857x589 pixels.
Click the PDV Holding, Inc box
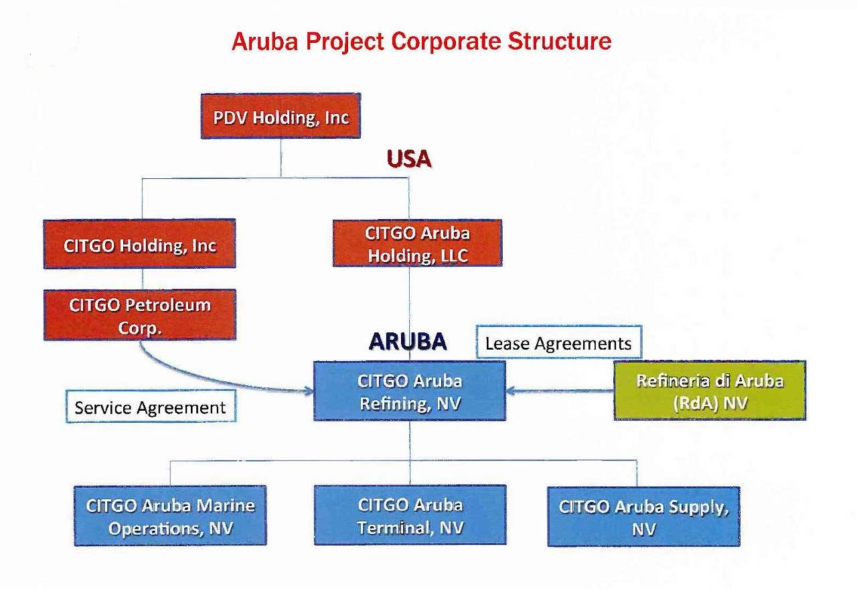(281, 117)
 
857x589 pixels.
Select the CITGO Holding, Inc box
(139, 245)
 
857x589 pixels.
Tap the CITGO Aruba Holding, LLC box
(417, 244)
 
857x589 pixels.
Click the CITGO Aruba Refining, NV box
(410, 392)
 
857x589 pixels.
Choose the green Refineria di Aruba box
(710, 391)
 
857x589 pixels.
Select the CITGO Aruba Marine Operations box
(170, 516)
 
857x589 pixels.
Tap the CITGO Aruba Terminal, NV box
(410, 516)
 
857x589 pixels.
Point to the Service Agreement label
(151, 407)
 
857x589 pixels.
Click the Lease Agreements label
(558, 343)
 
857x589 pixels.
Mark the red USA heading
(408, 159)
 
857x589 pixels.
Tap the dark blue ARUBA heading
(408, 341)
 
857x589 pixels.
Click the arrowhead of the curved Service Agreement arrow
(310, 391)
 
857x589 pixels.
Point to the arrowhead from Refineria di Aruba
(510, 391)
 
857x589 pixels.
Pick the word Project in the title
(345, 42)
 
